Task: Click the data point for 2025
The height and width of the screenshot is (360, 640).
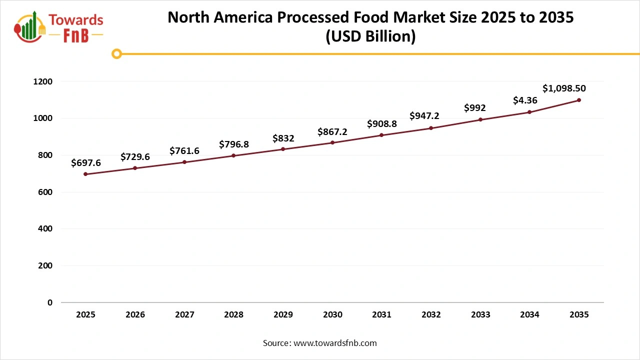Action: coord(85,174)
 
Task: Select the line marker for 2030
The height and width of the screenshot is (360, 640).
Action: coord(332,143)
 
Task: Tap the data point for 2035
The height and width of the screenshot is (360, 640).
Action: coord(579,100)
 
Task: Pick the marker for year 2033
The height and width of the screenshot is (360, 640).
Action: coord(480,119)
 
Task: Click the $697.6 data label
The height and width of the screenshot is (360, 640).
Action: coord(86,162)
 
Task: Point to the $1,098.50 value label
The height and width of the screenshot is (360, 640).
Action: coord(564,88)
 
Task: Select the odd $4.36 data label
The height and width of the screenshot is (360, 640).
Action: coord(525,100)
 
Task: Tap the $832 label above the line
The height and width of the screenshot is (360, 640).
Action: coord(283,138)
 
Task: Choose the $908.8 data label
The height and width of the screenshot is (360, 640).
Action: coord(382,123)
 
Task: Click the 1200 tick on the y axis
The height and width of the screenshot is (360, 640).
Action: coord(43,81)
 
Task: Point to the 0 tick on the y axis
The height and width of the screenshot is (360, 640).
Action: coord(49,302)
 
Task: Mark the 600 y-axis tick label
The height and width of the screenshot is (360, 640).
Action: coord(45,192)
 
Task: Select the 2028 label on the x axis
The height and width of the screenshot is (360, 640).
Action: coord(233,315)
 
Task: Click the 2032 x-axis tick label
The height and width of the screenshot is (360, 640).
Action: coord(431,315)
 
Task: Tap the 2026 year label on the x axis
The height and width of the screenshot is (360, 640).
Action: coord(135,315)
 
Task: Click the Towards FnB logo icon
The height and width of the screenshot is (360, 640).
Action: coord(30,26)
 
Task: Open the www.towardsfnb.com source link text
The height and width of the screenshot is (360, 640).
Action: coord(335,343)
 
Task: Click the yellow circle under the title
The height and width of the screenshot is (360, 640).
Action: coord(116,53)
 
